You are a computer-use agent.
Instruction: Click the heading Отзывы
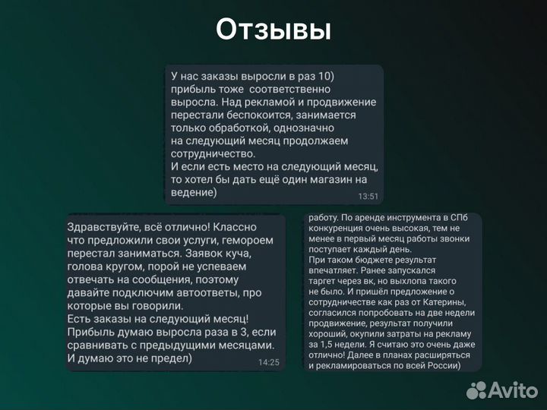(273, 30)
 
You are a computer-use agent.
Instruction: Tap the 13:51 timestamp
(368, 196)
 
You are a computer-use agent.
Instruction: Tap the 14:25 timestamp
(268, 362)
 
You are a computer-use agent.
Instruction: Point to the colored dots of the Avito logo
(476, 390)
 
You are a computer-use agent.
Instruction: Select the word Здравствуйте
(103, 227)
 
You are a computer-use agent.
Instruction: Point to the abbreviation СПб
(453, 219)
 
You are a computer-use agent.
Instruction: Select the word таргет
(323, 279)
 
